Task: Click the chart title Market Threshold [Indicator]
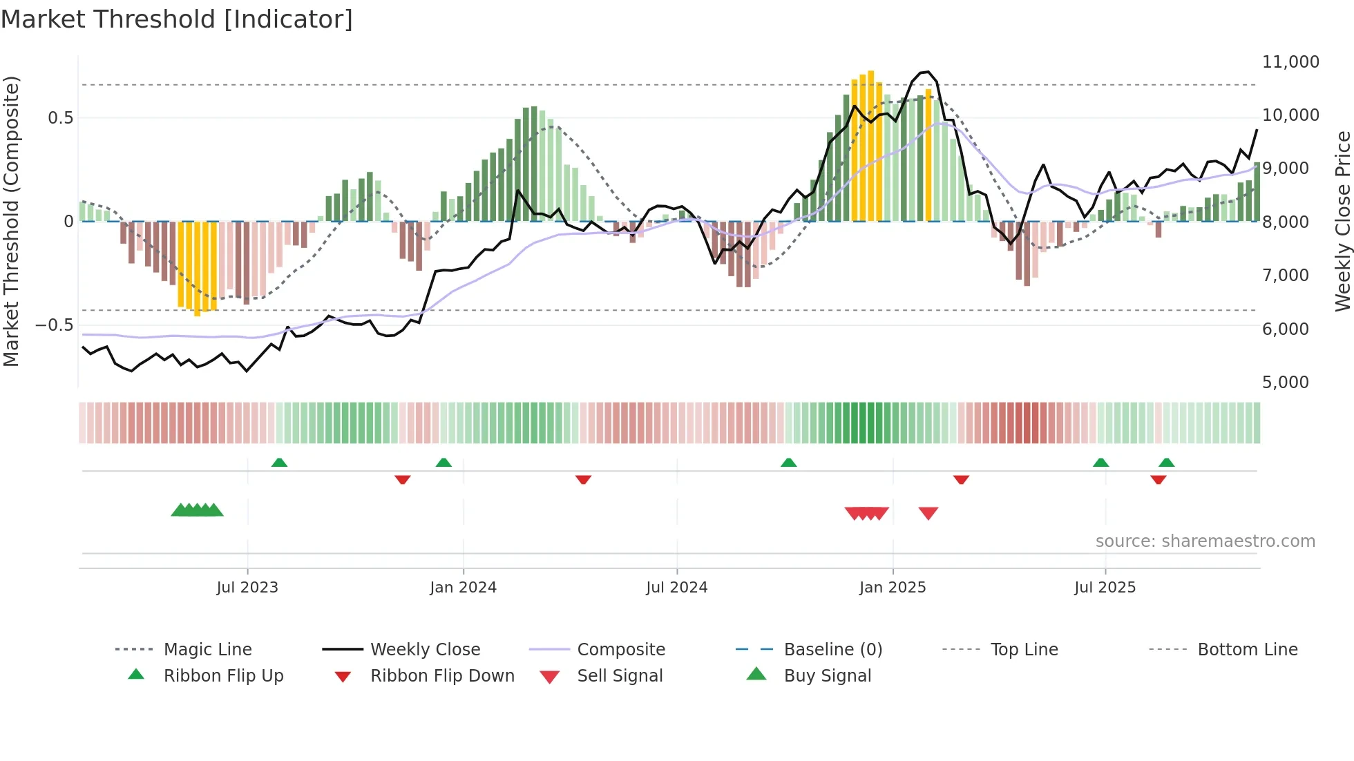(x=177, y=19)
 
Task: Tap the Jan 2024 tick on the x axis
(x=463, y=588)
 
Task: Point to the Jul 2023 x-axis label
(x=247, y=588)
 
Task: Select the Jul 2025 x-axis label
(x=1105, y=588)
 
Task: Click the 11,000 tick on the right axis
(x=1290, y=62)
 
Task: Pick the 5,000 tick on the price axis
(x=1285, y=383)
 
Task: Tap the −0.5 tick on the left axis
(x=54, y=325)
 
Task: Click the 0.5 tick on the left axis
(x=60, y=118)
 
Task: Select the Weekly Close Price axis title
(x=1342, y=221)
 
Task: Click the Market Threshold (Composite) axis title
(x=11, y=221)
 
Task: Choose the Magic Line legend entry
(x=207, y=650)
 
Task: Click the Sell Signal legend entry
(x=620, y=676)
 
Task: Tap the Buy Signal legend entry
(x=827, y=676)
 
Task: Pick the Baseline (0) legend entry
(x=832, y=650)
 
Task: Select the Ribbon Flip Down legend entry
(x=442, y=676)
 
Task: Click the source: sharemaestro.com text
(x=1205, y=541)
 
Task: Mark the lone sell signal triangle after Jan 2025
(x=928, y=513)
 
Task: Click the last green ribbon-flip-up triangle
(x=1167, y=463)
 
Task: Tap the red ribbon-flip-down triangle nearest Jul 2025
(x=1158, y=480)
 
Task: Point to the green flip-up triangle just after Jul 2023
(x=279, y=463)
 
